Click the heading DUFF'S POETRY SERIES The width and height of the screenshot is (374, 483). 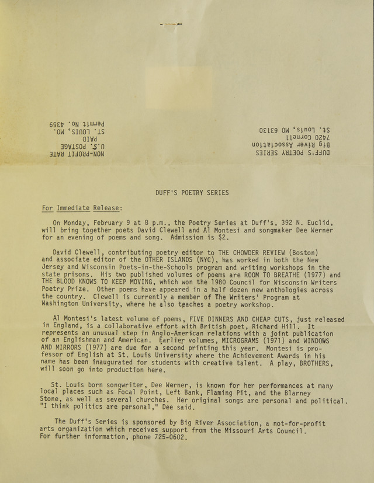(183, 193)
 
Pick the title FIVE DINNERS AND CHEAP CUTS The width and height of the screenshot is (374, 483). (241, 319)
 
